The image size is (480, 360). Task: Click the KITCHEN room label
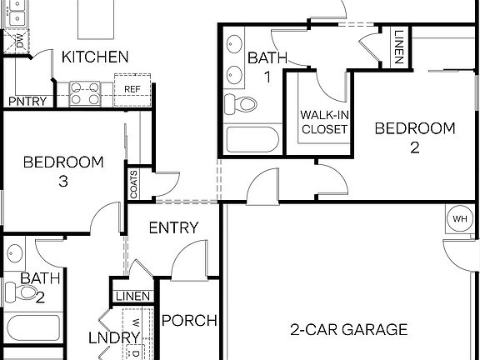(95, 57)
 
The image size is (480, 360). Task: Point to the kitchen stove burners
(85, 92)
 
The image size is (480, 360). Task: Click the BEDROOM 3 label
(63, 171)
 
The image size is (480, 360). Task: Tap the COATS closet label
(133, 183)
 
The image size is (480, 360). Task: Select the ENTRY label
(173, 227)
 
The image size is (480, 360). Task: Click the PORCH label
(189, 321)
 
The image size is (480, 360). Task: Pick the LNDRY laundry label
(113, 337)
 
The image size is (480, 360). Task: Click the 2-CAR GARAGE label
(348, 329)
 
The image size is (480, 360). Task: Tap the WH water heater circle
(460, 218)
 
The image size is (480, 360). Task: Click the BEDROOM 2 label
(414, 137)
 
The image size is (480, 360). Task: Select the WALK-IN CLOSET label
(324, 122)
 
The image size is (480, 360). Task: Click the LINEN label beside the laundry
(132, 297)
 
